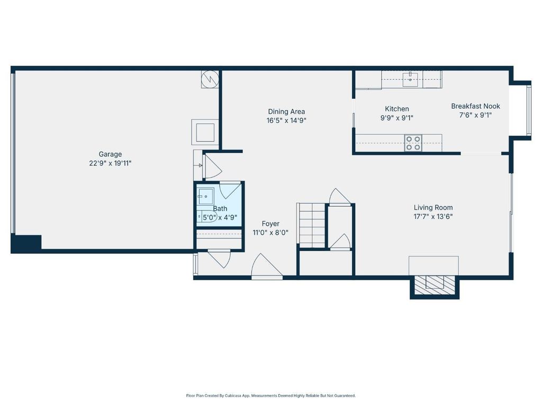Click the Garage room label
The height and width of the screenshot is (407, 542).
[x=110, y=154]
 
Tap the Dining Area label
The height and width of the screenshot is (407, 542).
[x=286, y=111]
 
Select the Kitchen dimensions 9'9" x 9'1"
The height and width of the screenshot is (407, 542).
[x=396, y=118]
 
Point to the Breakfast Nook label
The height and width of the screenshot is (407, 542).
[x=475, y=106]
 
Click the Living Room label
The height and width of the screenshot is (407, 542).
[x=433, y=207]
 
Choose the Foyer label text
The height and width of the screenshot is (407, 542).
[x=270, y=224]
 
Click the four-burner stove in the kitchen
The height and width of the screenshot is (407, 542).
[x=413, y=143]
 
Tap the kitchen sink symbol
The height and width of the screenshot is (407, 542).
[x=410, y=79]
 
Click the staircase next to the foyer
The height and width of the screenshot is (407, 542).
[x=312, y=225]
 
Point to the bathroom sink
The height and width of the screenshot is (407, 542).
[x=205, y=197]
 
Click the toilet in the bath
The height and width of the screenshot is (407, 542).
[x=207, y=216]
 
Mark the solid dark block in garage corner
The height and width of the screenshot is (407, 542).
[x=26, y=244]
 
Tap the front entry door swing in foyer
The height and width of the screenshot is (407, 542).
[x=267, y=266]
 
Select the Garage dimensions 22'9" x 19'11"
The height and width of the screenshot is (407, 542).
[x=110, y=163]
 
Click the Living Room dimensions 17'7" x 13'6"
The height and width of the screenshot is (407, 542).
[x=433, y=217]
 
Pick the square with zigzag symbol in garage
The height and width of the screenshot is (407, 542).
[x=210, y=79]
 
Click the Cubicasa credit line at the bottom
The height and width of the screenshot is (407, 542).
[x=270, y=395]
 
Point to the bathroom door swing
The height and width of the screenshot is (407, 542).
[x=230, y=190]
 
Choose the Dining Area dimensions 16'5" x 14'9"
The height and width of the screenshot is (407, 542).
[x=286, y=120]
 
